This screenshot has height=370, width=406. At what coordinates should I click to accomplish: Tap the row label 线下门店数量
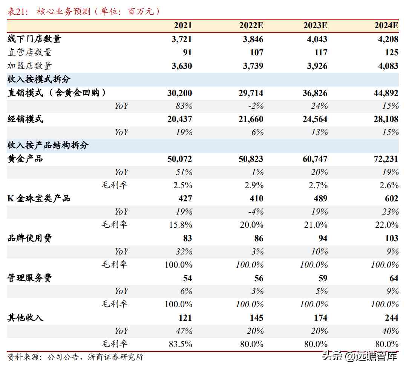(34, 39)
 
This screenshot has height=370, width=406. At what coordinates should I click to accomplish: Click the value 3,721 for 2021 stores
(182, 39)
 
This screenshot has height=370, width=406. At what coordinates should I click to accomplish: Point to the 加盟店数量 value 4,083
(388, 66)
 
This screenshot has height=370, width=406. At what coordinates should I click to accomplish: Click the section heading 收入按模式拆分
(39, 79)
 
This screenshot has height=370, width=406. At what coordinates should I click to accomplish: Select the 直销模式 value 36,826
(315, 93)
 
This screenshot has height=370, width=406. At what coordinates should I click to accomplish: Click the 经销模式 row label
(25, 119)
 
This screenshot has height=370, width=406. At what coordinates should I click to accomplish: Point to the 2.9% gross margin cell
(253, 185)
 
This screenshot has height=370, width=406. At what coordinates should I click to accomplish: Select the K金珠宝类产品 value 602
(392, 198)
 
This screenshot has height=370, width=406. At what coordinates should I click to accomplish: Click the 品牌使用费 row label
(30, 238)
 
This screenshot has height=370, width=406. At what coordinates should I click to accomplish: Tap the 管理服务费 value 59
(321, 278)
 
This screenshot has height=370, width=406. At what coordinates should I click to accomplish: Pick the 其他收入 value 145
(256, 318)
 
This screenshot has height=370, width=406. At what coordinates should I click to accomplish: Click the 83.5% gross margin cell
(179, 344)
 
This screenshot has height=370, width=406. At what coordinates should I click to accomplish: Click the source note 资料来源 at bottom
(75, 357)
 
